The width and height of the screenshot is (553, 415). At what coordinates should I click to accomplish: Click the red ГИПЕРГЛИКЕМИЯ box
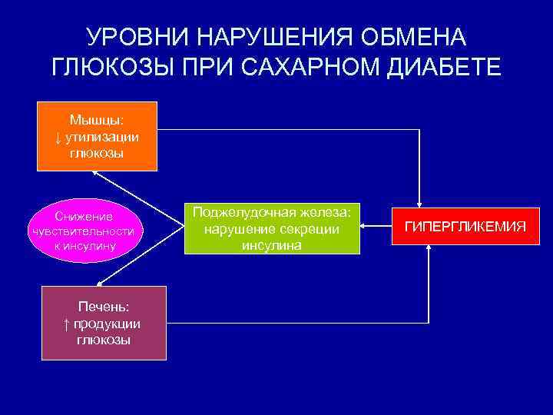click(x=465, y=227)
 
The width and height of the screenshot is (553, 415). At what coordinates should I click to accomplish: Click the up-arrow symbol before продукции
click(x=67, y=324)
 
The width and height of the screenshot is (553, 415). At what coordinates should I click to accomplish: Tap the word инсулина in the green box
click(x=272, y=246)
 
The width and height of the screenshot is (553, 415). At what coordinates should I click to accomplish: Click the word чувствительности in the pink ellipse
click(x=81, y=231)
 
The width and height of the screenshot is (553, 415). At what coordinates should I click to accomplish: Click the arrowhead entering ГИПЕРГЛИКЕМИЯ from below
click(x=429, y=251)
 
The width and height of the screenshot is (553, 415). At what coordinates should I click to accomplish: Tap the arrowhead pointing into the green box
click(x=366, y=227)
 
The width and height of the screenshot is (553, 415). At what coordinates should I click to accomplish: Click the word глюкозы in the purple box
click(x=104, y=340)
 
